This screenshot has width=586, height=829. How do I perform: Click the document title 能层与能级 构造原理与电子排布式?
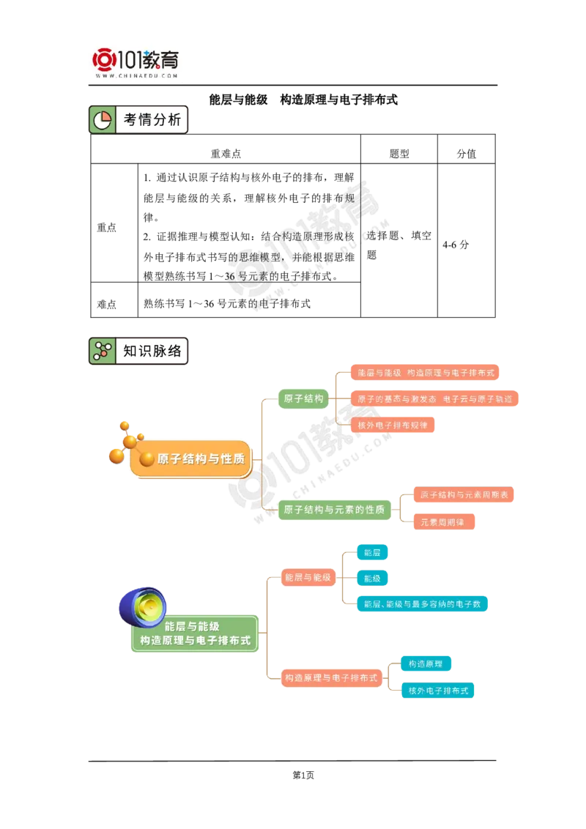pyautogui.click(x=303, y=100)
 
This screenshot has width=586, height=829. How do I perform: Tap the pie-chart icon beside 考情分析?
pyautogui.click(x=102, y=120)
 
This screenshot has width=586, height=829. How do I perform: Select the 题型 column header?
pyautogui.click(x=399, y=153)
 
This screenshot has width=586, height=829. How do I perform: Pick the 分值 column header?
pyautogui.click(x=467, y=153)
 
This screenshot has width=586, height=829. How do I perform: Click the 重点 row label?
pyautogui.click(x=106, y=227)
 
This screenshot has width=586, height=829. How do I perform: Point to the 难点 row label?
pyautogui.click(x=106, y=304)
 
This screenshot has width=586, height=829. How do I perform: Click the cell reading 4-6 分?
pyautogui.click(x=456, y=245)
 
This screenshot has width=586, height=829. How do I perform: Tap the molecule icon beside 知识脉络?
pyautogui.click(x=102, y=351)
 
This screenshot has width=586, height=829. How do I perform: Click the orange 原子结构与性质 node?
pyautogui.click(x=191, y=459)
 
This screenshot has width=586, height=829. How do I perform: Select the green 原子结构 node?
pyautogui.click(x=303, y=398)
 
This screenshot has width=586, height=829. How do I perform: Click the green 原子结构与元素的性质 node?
pyautogui.click(x=334, y=510)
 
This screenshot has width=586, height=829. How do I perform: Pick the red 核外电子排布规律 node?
pyautogui.click(x=393, y=425)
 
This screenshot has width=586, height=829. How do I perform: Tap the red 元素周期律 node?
pyautogui.click(x=443, y=522)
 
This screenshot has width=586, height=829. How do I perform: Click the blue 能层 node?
pyautogui.click(x=372, y=552)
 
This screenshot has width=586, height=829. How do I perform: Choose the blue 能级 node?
pyautogui.click(x=372, y=579)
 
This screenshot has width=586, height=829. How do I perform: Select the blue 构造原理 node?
pyautogui.click(x=426, y=663)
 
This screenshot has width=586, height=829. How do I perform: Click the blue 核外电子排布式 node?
pyautogui.click(x=438, y=691)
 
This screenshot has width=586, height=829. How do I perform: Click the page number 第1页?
pyautogui.click(x=303, y=775)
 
